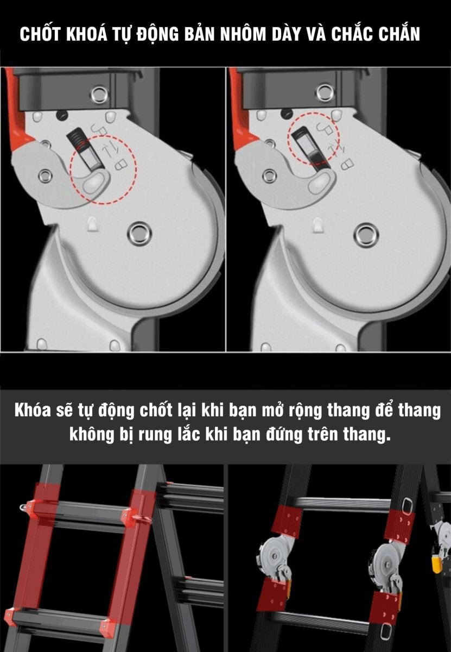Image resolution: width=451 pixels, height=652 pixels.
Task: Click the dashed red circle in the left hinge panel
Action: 104,170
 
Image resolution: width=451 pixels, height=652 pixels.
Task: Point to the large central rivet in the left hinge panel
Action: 139,233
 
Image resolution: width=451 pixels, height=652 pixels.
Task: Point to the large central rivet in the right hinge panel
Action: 365,235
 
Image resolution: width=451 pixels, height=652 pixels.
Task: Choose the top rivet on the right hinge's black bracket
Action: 325,92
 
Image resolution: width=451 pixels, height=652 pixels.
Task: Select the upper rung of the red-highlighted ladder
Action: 81,513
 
